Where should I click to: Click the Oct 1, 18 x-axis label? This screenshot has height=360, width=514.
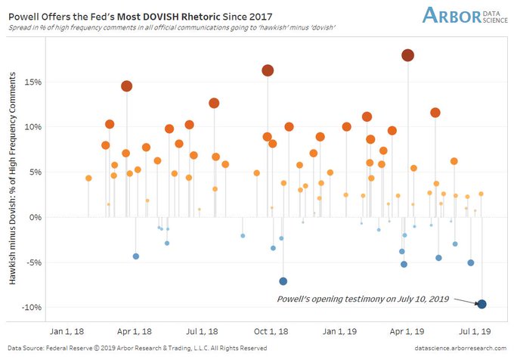[x=271, y=331]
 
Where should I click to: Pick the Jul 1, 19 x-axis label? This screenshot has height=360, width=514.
[x=475, y=331]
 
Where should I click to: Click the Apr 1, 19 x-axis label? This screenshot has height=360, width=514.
[x=406, y=331]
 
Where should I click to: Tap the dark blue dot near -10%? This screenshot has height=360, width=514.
[x=481, y=304]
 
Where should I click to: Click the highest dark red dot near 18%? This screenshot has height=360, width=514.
[x=408, y=55]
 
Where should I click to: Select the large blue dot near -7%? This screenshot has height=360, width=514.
[x=283, y=281]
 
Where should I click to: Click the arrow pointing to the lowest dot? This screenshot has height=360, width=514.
[x=465, y=301]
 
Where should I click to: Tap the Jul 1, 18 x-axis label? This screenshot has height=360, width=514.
[x=203, y=331]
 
